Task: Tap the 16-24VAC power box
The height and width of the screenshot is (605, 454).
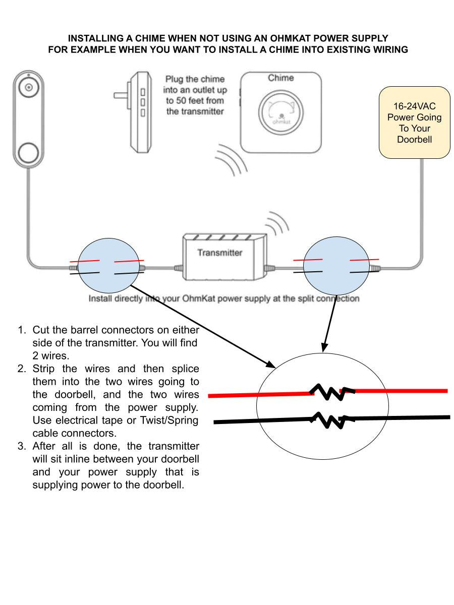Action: click(414, 123)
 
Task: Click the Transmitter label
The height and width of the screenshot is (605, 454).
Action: click(219, 253)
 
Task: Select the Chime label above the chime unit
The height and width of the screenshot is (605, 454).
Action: click(280, 78)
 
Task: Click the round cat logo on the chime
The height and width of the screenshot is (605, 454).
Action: click(281, 114)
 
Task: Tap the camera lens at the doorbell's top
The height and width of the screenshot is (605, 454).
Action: click(29, 87)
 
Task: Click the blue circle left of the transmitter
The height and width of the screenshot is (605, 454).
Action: click(109, 266)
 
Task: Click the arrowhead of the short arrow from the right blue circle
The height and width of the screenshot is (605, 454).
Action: click(324, 348)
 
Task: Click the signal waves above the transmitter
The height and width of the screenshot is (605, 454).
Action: click(277, 223)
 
